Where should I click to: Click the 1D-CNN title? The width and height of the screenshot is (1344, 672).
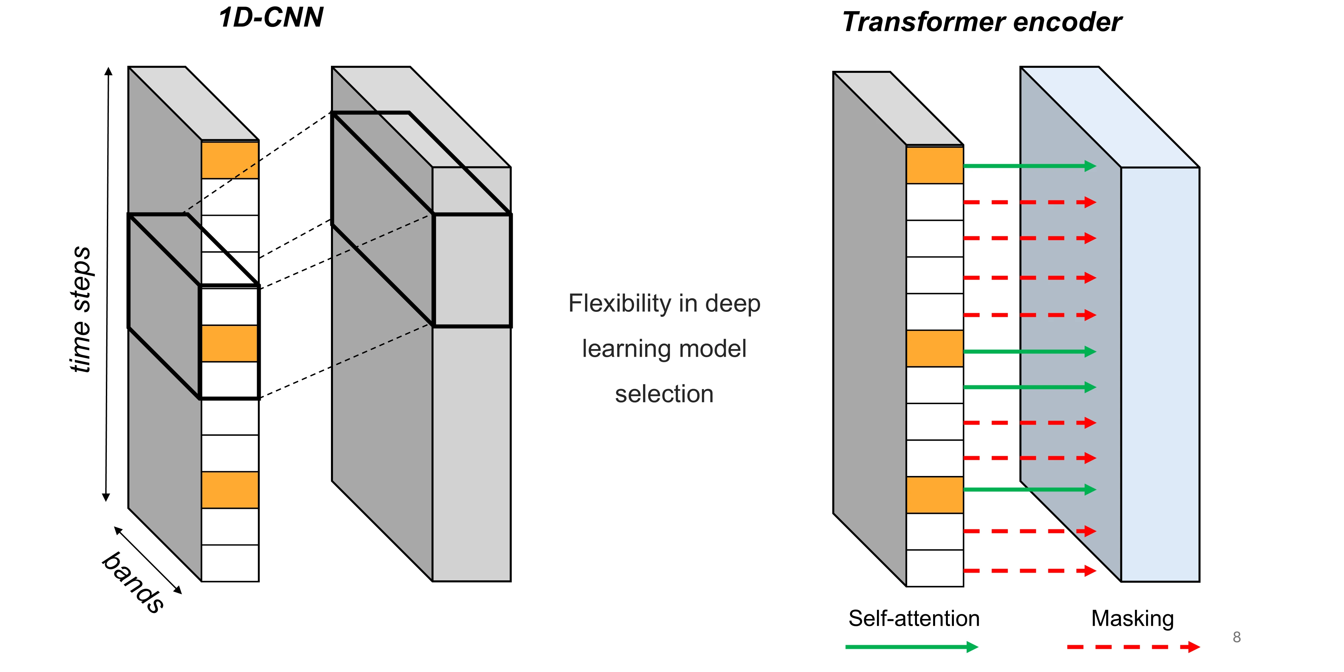pyautogui.click(x=271, y=18)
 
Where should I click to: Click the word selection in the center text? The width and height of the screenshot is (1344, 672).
pyautogui.click(x=664, y=394)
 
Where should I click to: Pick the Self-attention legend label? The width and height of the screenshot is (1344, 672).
pyautogui.click(x=914, y=618)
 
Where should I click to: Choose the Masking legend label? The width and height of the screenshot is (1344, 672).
pyautogui.click(x=1132, y=618)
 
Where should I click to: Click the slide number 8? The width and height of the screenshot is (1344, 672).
pyautogui.click(x=1236, y=637)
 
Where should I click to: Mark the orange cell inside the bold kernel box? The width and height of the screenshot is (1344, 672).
pyautogui.click(x=229, y=343)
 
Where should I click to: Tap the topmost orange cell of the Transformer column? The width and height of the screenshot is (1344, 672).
pyautogui.click(x=934, y=165)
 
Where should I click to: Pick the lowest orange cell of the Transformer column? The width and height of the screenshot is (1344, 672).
pyautogui.click(x=934, y=495)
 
